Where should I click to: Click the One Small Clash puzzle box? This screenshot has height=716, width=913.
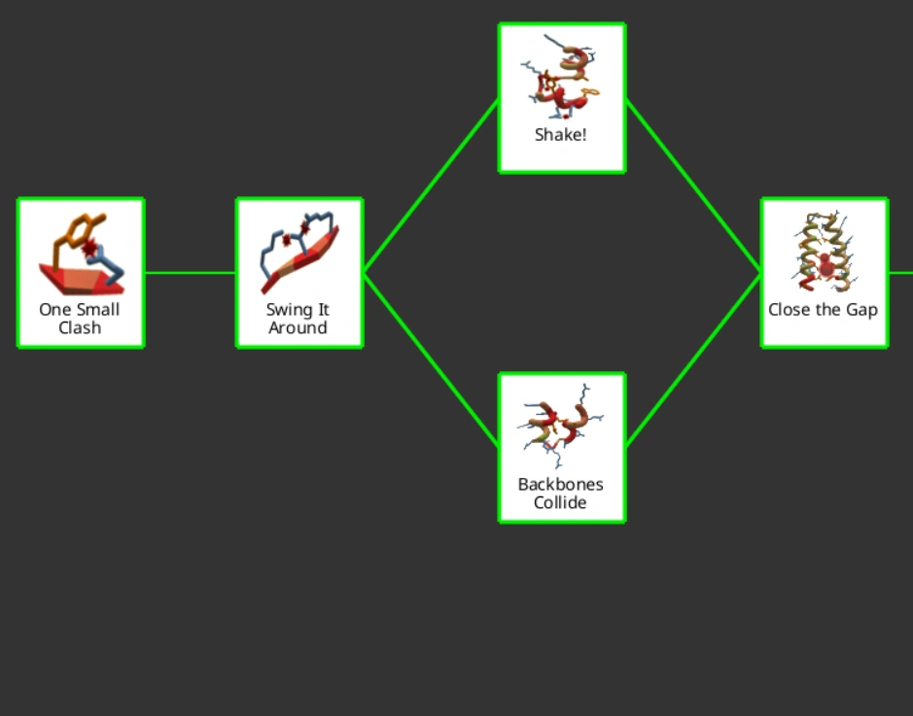pyautogui.click(x=81, y=273)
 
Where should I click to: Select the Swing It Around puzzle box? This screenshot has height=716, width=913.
pyautogui.click(x=299, y=273)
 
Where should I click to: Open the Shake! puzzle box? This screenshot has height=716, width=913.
pyautogui.click(x=562, y=98)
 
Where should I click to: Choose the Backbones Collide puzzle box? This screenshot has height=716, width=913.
pyautogui.click(x=562, y=448)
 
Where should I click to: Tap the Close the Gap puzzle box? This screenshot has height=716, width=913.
pyautogui.click(x=824, y=273)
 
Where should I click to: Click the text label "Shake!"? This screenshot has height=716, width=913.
pyautogui.click(x=561, y=135)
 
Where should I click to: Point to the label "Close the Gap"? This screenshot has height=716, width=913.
pyautogui.click(x=823, y=310)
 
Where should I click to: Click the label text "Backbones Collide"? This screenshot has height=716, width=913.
pyautogui.click(x=561, y=494)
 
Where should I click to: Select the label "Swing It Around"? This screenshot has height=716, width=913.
pyautogui.click(x=298, y=319)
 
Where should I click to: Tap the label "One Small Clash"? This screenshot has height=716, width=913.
pyautogui.click(x=80, y=319)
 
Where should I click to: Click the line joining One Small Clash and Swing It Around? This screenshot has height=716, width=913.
pyautogui.click(x=191, y=273)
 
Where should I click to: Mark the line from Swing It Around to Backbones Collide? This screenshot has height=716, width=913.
pyautogui.click(x=431, y=359)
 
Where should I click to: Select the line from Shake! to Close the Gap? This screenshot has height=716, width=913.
pyautogui.click(x=693, y=186)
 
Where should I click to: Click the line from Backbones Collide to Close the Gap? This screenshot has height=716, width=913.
pyautogui.click(x=693, y=360)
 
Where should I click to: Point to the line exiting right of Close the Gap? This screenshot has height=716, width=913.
pyautogui.click(x=901, y=273)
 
